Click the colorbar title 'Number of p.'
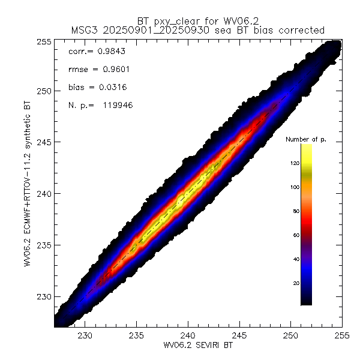tap(304, 139)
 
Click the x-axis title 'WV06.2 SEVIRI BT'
tap(188, 346)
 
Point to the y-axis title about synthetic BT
tap(28, 194)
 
